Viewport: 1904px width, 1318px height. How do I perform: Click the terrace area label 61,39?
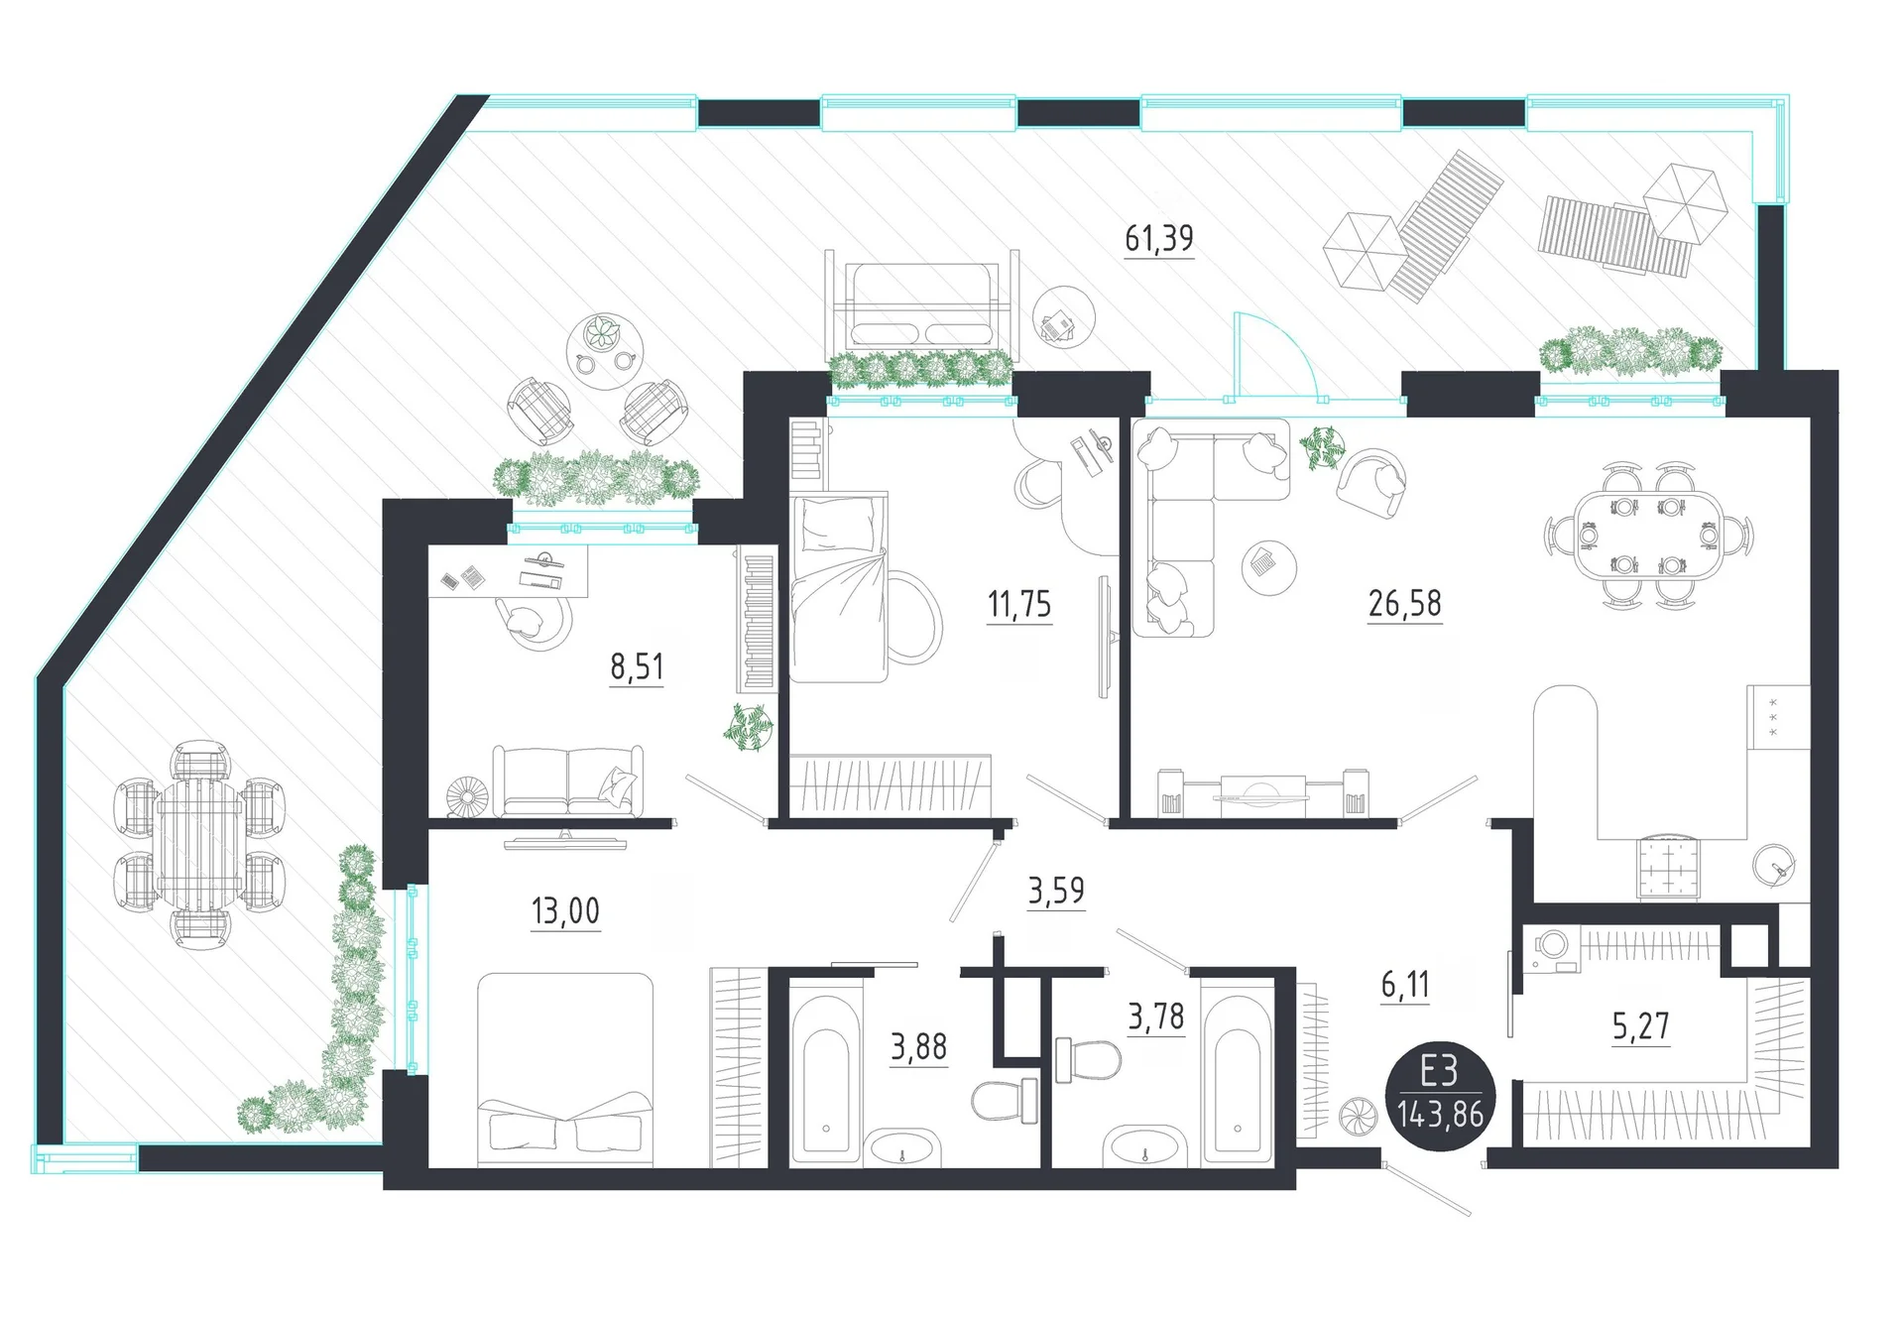pyautogui.click(x=1158, y=238)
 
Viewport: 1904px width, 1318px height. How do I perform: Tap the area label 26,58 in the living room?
pyautogui.click(x=1404, y=603)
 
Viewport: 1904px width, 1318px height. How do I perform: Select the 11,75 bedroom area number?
pyautogui.click(x=1019, y=604)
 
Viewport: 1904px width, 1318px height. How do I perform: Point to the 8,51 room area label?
pyautogui.click(x=637, y=666)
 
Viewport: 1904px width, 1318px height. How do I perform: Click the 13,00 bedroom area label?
pyautogui.click(x=565, y=910)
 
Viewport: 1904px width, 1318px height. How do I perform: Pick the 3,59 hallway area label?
pyautogui.click(x=1056, y=891)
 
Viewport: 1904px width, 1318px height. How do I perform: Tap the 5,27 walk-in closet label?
pyautogui.click(x=1640, y=1025)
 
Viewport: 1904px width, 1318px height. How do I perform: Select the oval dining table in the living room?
pyautogui.click(x=1648, y=536)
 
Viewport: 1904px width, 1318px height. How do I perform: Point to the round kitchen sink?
pyautogui.click(x=1773, y=866)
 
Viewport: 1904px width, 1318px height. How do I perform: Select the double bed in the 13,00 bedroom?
pyautogui.click(x=565, y=1069)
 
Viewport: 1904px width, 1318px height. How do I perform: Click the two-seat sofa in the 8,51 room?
pyautogui.click(x=568, y=781)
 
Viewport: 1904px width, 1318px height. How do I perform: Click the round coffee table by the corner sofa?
pyautogui.click(x=1268, y=567)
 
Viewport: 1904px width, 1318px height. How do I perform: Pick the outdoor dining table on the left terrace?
pyautogui.click(x=199, y=843)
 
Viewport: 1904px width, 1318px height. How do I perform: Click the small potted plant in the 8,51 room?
pyautogui.click(x=749, y=727)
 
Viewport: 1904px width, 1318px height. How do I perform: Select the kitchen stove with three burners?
pyautogui.click(x=1778, y=716)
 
